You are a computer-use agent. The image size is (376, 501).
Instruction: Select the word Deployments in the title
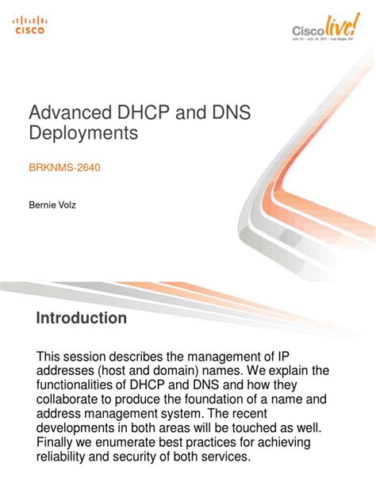click(82, 134)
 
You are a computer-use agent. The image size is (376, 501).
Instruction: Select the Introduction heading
click(82, 318)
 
